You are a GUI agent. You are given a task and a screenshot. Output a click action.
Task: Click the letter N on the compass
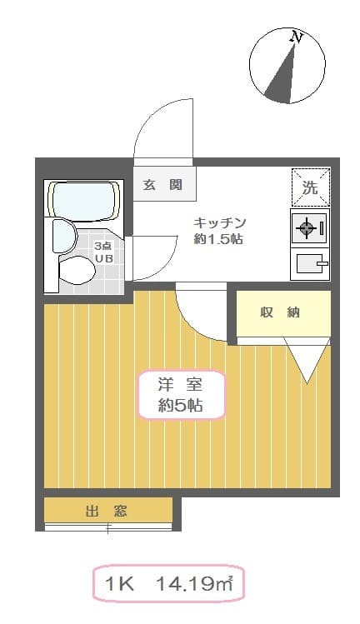295,37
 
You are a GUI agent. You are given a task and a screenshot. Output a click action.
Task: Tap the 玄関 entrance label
162,185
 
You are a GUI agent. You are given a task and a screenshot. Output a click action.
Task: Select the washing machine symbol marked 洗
310,187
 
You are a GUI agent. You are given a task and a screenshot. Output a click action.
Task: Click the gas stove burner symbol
306,227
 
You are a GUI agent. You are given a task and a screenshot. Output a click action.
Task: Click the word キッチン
220,222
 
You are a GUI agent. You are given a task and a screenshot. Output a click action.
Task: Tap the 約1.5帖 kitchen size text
220,239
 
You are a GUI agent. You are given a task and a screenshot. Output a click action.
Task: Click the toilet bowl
77,269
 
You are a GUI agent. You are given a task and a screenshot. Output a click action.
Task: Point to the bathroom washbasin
64,236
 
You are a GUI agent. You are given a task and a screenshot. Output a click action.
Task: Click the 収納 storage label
280,312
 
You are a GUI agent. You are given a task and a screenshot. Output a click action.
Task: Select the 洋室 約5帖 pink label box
180,395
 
